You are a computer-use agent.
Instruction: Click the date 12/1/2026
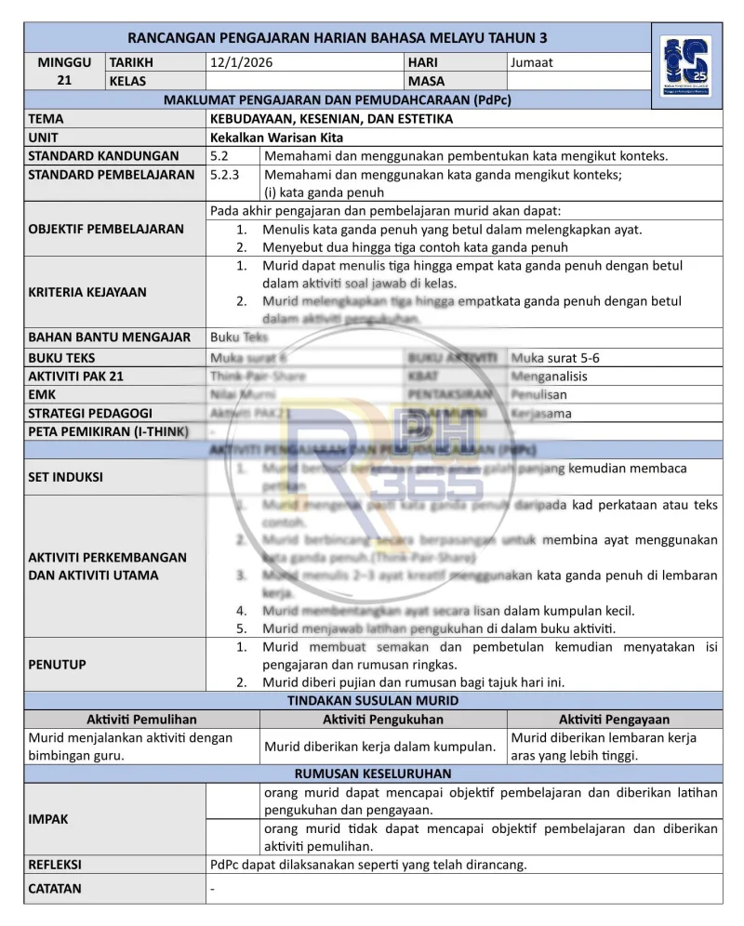241,62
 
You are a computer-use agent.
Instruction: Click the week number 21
64,81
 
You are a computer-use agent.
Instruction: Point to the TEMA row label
46,119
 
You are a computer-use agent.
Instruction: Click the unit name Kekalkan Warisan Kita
277,138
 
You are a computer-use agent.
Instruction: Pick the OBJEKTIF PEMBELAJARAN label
106,229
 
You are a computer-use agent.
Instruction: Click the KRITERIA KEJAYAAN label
87,292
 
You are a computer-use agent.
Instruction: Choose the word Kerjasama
541,413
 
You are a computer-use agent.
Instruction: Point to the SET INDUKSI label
66,477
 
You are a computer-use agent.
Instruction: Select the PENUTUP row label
57,664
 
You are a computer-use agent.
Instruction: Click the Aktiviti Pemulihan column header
141,720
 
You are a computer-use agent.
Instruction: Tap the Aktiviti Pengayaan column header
614,720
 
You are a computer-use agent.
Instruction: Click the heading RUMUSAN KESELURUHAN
373,774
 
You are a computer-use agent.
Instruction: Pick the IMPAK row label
48,819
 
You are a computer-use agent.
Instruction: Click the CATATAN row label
55,888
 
